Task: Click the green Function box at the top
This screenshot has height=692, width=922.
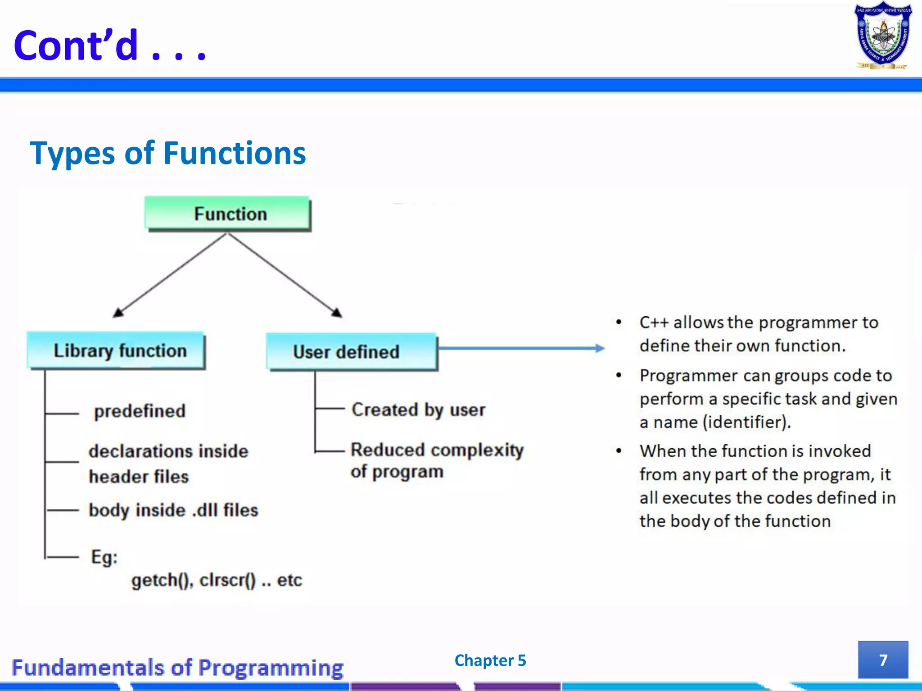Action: coord(228,214)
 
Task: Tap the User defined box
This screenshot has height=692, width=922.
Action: coord(352,352)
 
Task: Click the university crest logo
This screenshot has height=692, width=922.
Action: coord(883,36)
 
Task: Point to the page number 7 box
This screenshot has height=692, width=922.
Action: coord(883,660)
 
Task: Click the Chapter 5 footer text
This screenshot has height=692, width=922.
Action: coord(490,660)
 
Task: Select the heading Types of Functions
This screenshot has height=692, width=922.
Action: coord(167,154)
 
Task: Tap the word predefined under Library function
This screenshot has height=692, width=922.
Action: coord(140,411)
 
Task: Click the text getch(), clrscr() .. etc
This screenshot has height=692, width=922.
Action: coord(216,580)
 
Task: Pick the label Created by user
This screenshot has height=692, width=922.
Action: coord(418,410)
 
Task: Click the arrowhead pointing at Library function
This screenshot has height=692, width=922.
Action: coord(118,312)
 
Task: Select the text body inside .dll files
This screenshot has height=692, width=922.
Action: coord(173,510)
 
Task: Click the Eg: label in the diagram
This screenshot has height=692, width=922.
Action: coord(104,557)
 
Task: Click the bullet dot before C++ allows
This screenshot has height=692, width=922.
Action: coord(619,322)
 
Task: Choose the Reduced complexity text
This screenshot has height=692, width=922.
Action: coord(437,451)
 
